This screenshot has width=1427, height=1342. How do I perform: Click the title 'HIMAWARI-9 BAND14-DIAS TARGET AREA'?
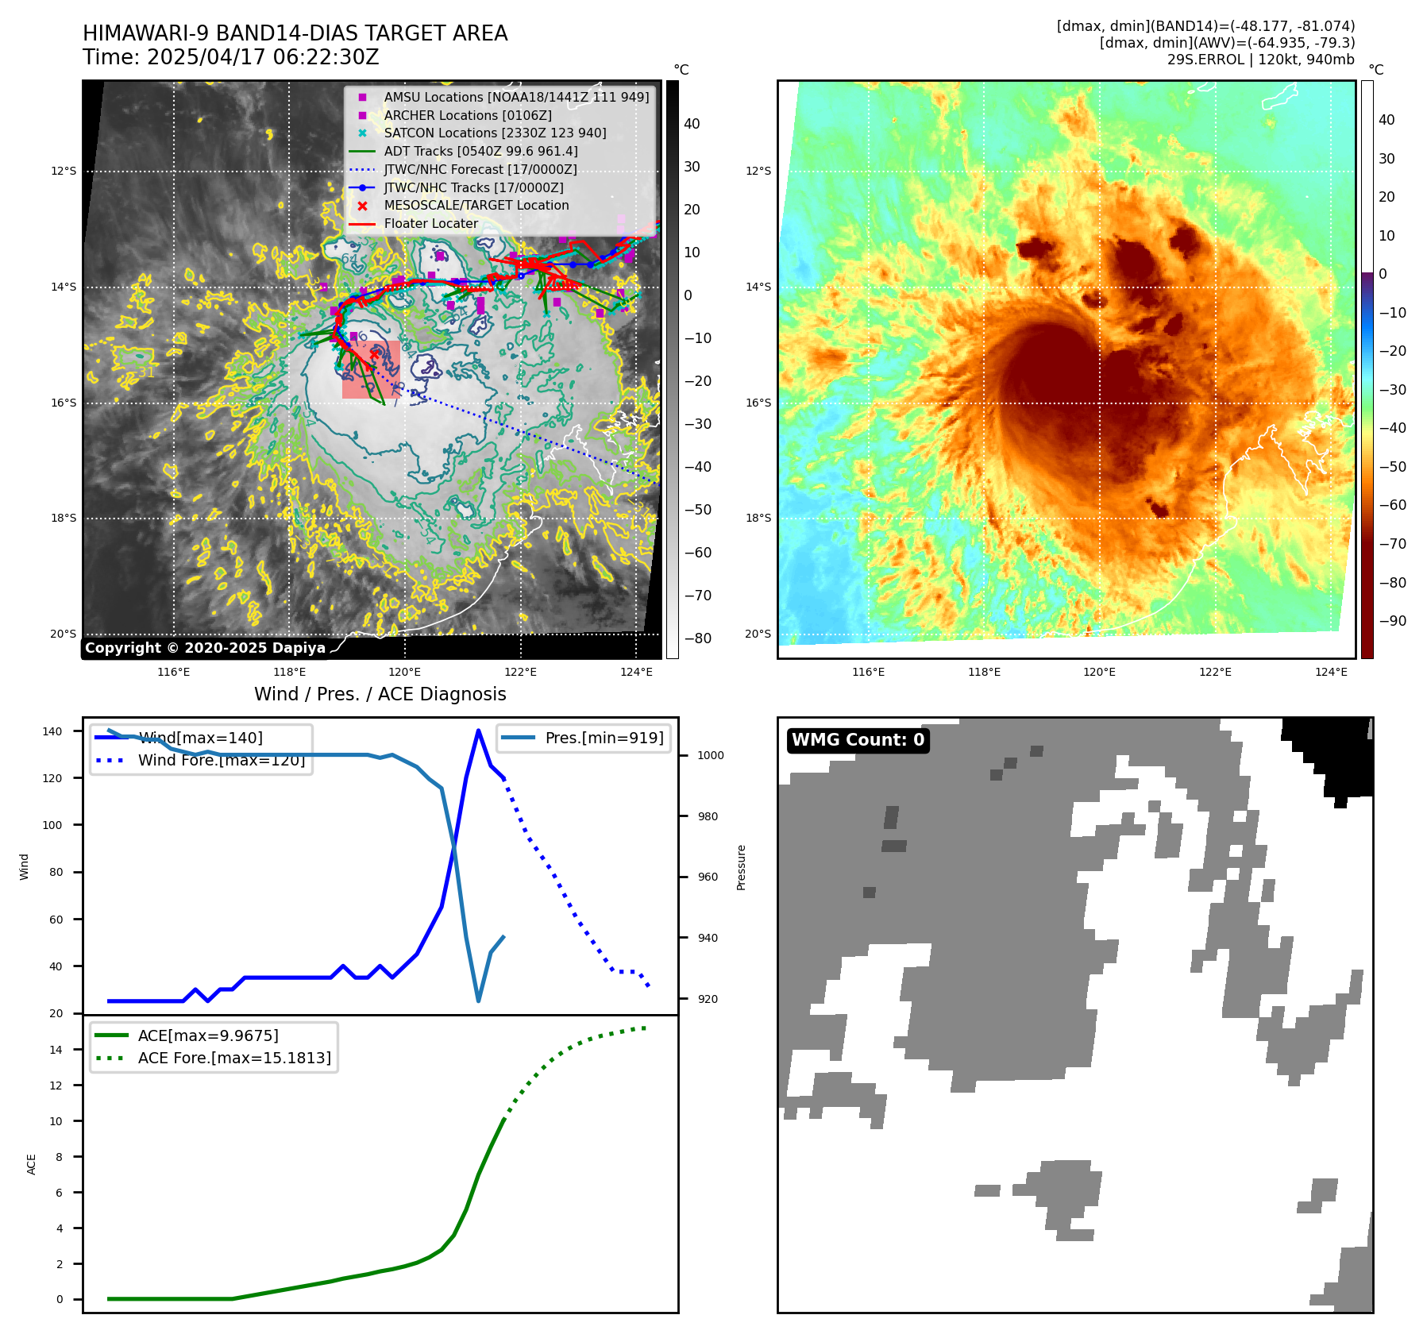(295, 33)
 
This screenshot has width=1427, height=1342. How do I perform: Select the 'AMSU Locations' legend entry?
(516, 97)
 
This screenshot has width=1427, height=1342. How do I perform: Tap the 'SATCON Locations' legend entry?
(495, 133)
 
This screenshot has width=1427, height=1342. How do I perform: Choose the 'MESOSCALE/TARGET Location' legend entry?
(476, 205)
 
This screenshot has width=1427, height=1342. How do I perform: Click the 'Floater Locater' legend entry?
(431, 223)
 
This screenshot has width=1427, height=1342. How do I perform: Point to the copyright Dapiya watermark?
(205, 648)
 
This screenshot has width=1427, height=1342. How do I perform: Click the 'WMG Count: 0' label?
(858, 740)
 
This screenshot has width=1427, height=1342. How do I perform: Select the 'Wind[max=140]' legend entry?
(200, 738)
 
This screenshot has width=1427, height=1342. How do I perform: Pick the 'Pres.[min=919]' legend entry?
(604, 738)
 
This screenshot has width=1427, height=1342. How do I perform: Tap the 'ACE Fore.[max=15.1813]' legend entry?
(234, 1058)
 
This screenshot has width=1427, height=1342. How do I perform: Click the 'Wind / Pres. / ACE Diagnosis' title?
(380, 694)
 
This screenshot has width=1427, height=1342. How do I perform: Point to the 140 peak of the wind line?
(478, 731)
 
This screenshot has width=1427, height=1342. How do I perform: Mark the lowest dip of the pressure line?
(478, 1001)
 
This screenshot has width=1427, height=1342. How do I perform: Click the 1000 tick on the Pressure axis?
(710, 755)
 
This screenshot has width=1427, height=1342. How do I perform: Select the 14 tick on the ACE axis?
(56, 1050)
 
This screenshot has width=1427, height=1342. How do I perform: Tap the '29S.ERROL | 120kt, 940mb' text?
(1260, 60)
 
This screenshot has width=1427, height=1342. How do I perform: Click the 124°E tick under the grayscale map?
(636, 672)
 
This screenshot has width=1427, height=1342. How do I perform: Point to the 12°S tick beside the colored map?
(758, 171)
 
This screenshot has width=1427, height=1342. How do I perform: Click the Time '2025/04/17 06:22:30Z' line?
(230, 57)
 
